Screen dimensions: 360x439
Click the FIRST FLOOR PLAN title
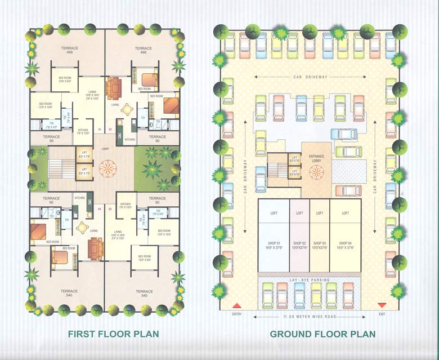pyautogui.click(x=113, y=334)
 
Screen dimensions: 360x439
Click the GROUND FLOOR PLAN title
pyautogui.click(x=322, y=334)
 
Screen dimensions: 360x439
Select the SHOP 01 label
pyautogui.click(x=274, y=244)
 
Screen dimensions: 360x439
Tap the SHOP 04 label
pyautogui.click(x=344, y=244)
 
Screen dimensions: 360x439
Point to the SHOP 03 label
pyautogui.click(x=320, y=244)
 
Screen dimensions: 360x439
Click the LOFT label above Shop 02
pyautogui.click(x=299, y=213)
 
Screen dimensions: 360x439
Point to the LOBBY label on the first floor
pyautogui.click(x=105, y=149)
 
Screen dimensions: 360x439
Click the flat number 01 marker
pyautogui.click(x=100, y=130)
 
